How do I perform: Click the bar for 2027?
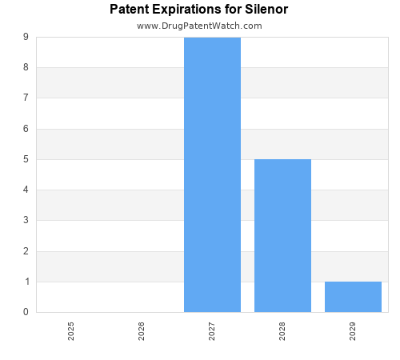[x=212, y=174]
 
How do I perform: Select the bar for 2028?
[x=282, y=235]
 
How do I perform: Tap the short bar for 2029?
[x=353, y=297]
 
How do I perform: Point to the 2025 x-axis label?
[x=71, y=331]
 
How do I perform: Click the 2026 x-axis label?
[x=142, y=331]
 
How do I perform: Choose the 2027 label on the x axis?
[x=212, y=331]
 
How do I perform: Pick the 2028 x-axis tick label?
[x=282, y=331]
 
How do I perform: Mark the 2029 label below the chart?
[x=353, y=331]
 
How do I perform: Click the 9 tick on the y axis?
[x=26, y=37]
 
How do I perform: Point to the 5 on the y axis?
[x=26, y=159]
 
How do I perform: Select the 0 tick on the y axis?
[x=26, y=312]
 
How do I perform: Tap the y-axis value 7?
[x=26, y=98]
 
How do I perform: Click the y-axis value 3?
[x=26, y=221]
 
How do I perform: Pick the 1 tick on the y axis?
[x=26, y=282]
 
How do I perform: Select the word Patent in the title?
[x=129, y=10]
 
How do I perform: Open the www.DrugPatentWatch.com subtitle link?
[x=199, y=26]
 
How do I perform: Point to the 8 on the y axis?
[x=26, y=67]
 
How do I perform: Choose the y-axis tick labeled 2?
[x=26, y=251]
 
